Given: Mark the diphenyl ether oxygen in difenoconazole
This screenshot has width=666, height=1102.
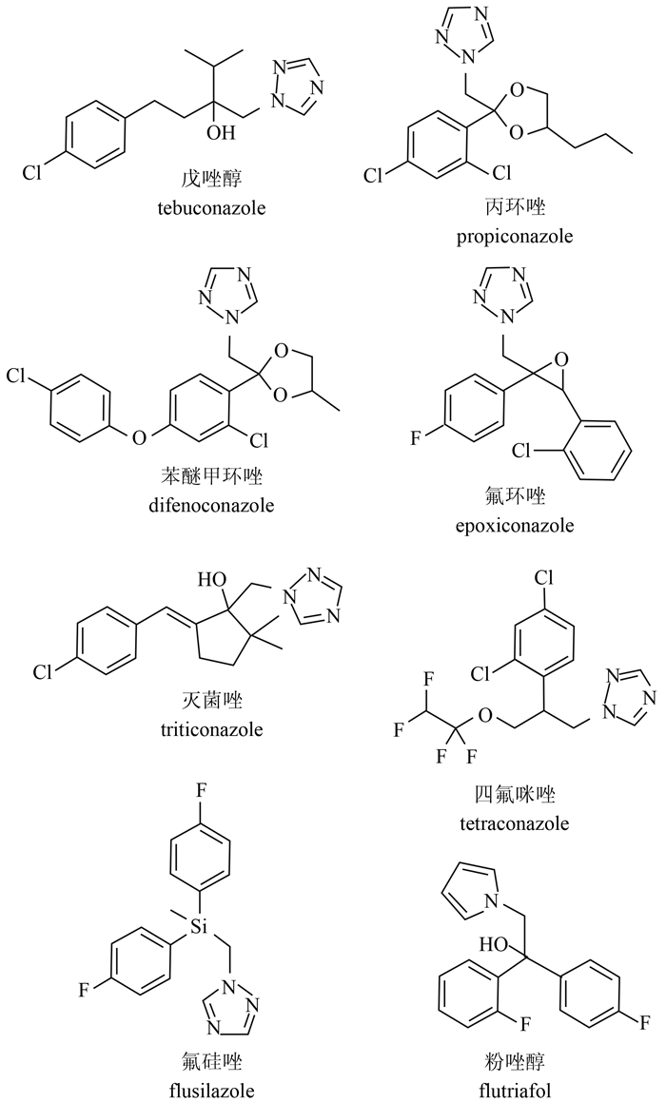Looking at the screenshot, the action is pyautogui.click(x=140, y=438).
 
